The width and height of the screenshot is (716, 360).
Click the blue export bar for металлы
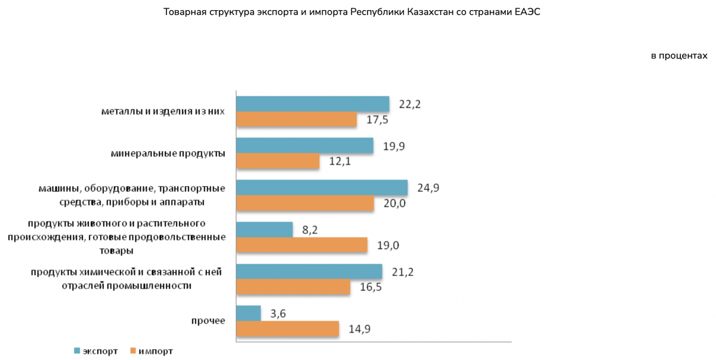(313, 104)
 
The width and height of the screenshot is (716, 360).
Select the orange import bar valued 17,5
(297, 119)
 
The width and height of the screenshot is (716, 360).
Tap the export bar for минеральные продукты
(305, 146)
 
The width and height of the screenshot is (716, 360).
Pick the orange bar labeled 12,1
(278, 161)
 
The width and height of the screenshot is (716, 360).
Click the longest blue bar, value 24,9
(322, 188)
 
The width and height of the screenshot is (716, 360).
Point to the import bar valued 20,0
(305, 203)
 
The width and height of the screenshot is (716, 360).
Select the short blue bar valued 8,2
(265, 230)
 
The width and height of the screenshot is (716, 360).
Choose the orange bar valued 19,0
(302, 245)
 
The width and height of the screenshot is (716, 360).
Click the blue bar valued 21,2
(309, 272)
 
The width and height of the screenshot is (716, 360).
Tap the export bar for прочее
(249, 313)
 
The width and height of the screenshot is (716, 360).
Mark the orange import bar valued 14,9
(288, 328)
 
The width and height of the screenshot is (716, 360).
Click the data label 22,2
(410, 104)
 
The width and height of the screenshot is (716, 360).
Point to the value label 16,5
(371, 287)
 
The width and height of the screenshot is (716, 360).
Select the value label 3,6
(277, 313)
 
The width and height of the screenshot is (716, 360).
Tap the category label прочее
(208, 321)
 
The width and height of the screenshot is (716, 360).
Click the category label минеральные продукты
(168, 153)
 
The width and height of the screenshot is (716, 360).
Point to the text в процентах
(679, 56)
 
